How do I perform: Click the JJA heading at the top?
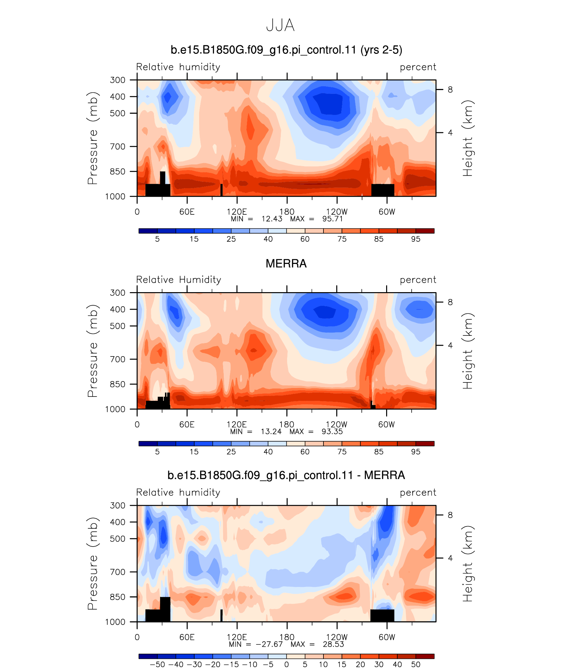click(x=280, y=25)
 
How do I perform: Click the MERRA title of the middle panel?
click(x=286, y=264)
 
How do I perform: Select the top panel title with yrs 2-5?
click(x=286, y=50)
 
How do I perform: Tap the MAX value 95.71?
click(x=332, y=219)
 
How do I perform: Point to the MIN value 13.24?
click(x=271, y=431)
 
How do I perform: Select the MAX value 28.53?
click(x=333, y=644)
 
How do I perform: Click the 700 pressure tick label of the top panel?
click(x=118, y=146)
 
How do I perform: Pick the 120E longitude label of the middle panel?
click(x=237, y=424)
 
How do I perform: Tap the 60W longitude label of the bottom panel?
click(x=387, y=637)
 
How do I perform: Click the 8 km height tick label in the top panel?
click(x=450, y=89)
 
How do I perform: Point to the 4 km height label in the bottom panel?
click(x=450, y=558)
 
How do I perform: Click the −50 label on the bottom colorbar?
click(x=157, y=664)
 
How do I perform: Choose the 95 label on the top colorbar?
click(x=416, y=239)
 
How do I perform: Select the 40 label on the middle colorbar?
click(x=268, y=452)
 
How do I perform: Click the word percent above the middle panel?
click(x=418, y=280)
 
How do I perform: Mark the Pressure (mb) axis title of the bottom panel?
click(x=93, y=564)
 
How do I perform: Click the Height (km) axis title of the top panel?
click(x=468, y=138)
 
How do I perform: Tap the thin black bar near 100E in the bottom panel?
click(x=221, y=615)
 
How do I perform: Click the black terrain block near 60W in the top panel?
click(x=383, y=190)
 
